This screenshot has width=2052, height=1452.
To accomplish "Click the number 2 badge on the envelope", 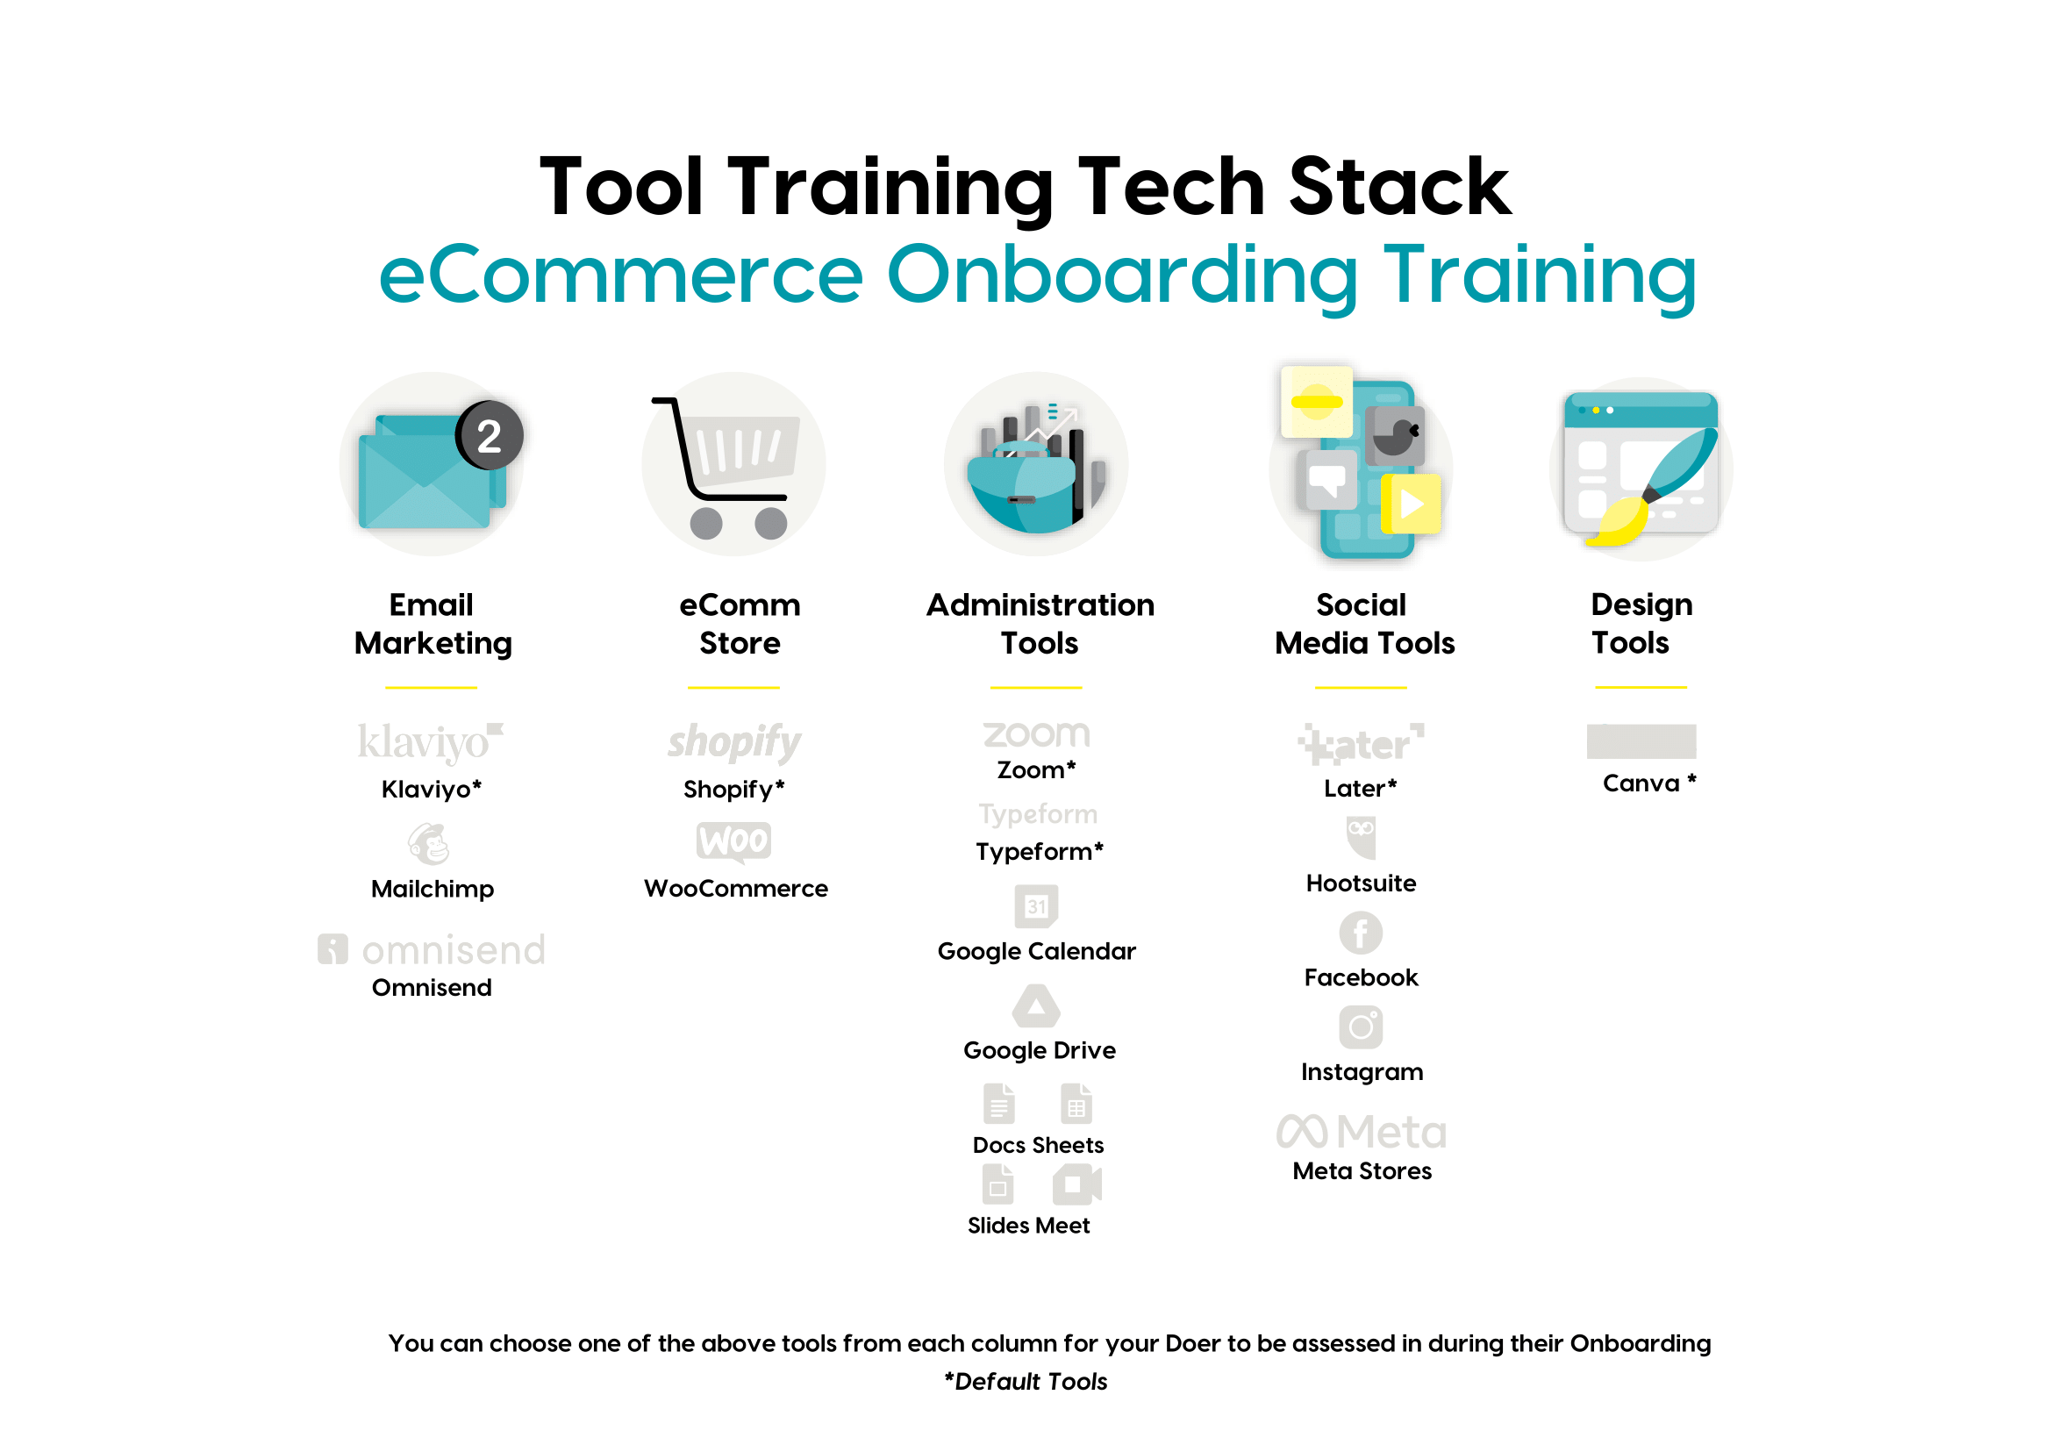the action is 489,435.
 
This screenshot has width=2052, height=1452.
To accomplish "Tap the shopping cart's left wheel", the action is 706,523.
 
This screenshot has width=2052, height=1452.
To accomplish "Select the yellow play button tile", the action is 1411,504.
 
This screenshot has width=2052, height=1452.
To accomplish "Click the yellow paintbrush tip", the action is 1618,523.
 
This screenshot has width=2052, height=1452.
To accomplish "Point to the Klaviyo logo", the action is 431,741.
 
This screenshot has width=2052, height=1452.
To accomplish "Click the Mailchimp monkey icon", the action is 429,844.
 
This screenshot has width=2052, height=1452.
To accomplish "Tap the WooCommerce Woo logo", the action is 734,841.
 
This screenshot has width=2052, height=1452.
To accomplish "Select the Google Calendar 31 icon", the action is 1036,906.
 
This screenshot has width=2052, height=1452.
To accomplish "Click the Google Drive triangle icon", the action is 1036,1006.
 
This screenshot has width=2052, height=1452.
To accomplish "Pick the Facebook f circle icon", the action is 1361,933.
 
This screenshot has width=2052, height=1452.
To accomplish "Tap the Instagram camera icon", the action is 1361,1027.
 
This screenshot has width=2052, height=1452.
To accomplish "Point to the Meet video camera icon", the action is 1077,1185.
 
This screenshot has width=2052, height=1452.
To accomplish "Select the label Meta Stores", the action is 1362,1171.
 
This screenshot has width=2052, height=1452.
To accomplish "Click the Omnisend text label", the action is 432,988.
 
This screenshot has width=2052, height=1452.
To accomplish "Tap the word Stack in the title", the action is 1399,187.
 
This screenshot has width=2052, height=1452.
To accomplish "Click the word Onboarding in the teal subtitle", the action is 1122,276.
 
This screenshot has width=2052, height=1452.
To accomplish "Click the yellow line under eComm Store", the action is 734,688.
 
